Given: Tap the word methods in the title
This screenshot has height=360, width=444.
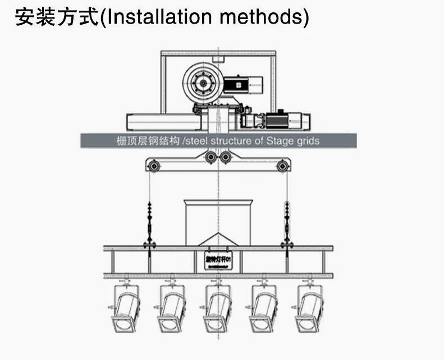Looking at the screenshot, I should pos(264,17).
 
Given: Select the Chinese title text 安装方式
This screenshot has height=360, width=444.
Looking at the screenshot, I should pos(56,17).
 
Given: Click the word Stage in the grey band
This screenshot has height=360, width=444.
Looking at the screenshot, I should pos(277,140).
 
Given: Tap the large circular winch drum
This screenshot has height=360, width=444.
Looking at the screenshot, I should pos(202,83).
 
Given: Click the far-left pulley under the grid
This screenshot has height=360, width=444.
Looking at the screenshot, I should pos(151,165).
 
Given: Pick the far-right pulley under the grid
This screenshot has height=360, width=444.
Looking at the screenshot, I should pos(283,165).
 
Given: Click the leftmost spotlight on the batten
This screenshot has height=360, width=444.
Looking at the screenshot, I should pos(125,309).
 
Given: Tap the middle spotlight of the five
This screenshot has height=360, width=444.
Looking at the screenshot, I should pos(218,309).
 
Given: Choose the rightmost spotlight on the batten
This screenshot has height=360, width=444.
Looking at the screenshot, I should pos(310,309).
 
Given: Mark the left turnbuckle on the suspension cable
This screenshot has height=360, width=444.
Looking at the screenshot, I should pos(150,225).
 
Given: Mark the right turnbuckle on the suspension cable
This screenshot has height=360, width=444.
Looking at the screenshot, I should pos(287,225).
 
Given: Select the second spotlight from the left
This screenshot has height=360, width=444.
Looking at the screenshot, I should pos(171,309).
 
